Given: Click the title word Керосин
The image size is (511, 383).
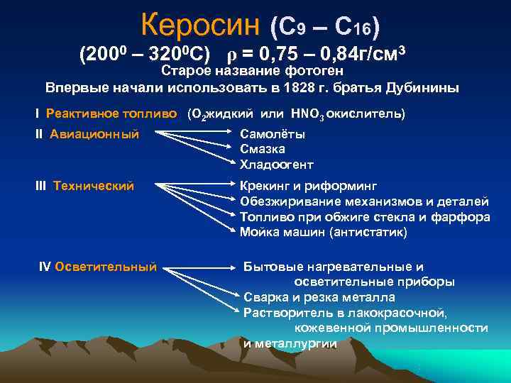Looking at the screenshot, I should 200,26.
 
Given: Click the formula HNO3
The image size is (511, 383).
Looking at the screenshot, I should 307,113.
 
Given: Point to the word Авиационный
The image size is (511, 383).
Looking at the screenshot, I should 95,134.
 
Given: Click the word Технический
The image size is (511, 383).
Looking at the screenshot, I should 93,186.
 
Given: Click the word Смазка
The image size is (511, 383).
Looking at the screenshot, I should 263,149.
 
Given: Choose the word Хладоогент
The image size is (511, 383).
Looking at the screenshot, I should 276,165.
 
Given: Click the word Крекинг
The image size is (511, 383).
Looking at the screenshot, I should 264,187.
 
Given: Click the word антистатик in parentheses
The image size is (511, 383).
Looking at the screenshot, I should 372,232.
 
